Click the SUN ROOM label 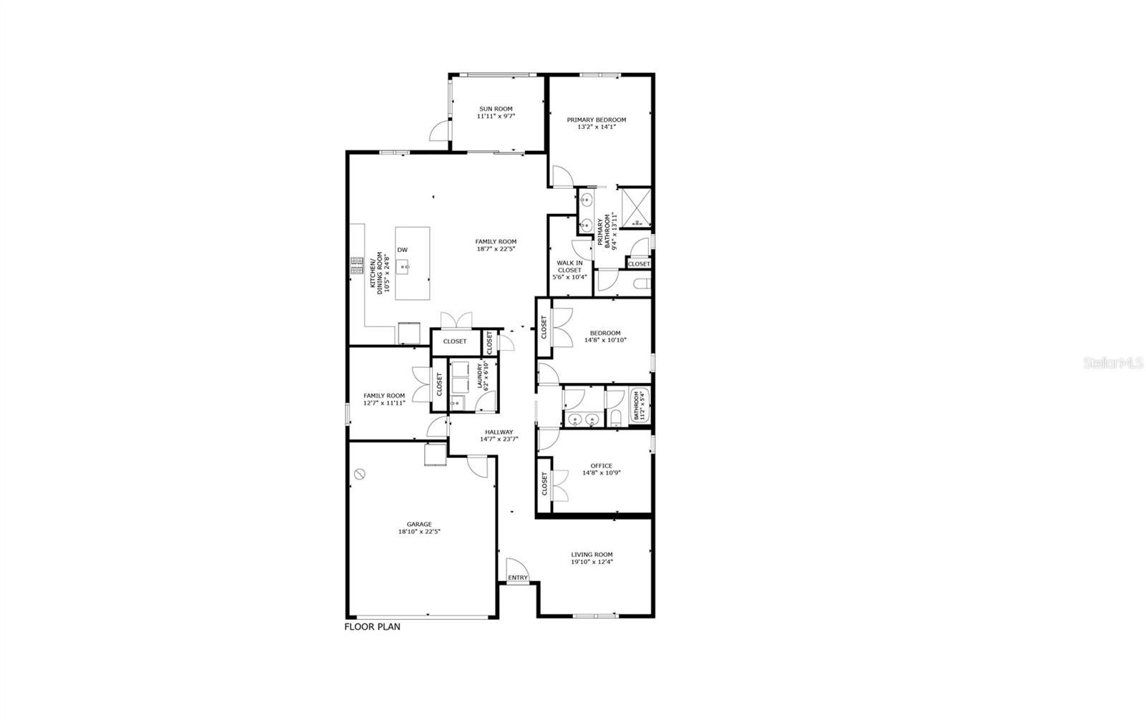[496, 109]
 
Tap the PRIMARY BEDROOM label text [597, 120]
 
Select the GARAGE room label [420, 524]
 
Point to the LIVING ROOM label [592, 554]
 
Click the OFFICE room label [602, 465]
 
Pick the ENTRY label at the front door [518, 578]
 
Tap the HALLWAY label [499, 432]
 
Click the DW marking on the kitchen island [403, 250]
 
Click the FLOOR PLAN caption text [372, 627]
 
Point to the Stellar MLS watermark [1114, 364]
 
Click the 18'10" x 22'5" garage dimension [420, 532]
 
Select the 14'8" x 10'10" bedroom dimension [605, 340]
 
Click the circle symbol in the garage [360, 473]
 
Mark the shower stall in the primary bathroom [635, 208]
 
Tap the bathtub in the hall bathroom [639, 406]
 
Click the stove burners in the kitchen [357, 266]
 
